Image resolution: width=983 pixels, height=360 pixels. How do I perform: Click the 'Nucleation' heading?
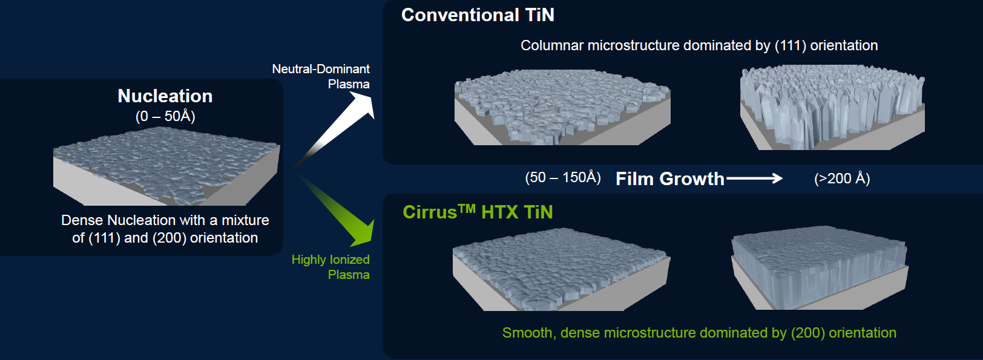click(x=165, y=96)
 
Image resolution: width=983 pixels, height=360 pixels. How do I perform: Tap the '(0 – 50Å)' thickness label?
click(x=165, y=116)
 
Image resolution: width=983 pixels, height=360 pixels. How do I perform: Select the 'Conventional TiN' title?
click(x=478, y=15)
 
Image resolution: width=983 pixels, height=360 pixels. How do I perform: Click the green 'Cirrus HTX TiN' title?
click(x=478, y=212)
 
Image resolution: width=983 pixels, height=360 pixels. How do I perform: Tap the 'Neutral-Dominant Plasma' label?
click(x=321, y=76)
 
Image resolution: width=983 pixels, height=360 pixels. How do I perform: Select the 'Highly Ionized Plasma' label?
click(x=331, y=267)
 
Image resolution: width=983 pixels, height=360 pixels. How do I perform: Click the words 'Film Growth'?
click(x=669, y=179)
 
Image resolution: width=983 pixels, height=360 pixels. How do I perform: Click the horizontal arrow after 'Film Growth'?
click(x=754, y=178)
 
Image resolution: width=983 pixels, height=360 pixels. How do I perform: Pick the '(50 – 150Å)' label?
click(x=563, y=178)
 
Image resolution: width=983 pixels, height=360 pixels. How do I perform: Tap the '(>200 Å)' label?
click(x=842, y=178)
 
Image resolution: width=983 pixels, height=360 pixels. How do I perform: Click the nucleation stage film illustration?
click(x=166, y=166)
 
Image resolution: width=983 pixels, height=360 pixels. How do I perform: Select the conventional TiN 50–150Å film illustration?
click(x=562, y=108)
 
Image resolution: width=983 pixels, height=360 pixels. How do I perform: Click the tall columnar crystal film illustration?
click(x=832, y=108)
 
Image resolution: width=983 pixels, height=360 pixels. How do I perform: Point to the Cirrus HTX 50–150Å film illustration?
click(x=561, y=270)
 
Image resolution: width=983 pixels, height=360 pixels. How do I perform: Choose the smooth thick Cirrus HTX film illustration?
click(x=820, y=268)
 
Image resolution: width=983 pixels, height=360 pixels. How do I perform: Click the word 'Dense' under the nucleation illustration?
click(x=82, y=220)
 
